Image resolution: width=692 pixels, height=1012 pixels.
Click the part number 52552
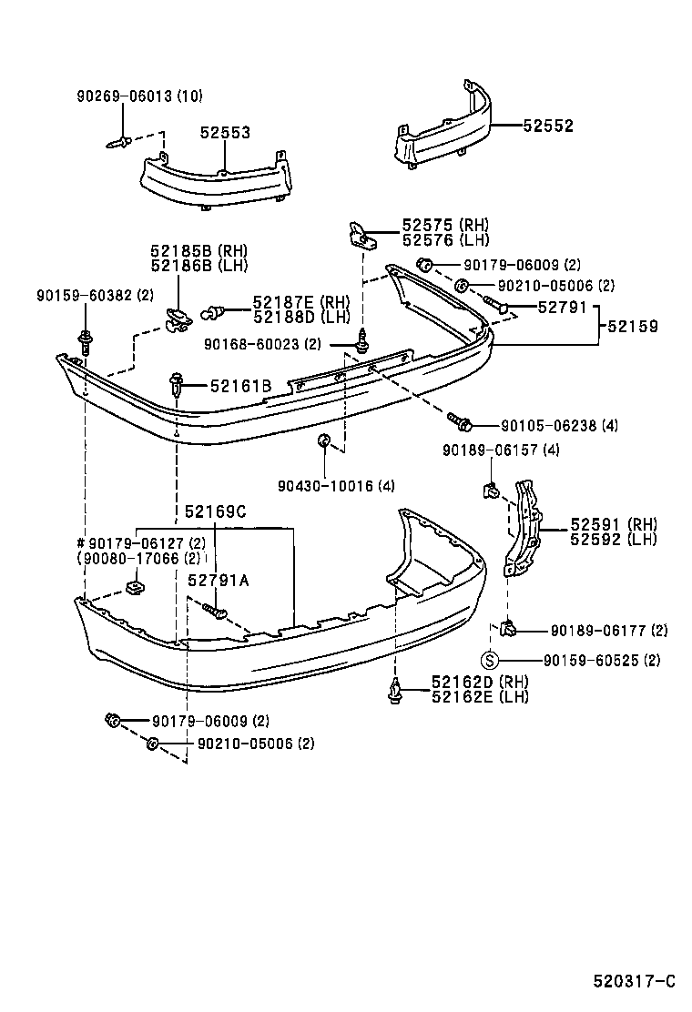tap(548, 126)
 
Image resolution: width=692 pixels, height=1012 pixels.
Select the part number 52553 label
tap(225, 133)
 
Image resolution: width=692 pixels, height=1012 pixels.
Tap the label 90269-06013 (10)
tap(139, 96)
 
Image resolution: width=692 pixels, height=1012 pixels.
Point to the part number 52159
tap(634, 326)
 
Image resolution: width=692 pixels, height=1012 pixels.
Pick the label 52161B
tap(240, 387)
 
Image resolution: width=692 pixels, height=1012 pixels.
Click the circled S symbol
tap(489, 660)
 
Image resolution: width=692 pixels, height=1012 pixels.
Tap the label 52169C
tap(215, 511)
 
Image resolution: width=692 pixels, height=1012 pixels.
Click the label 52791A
tap(218, 580)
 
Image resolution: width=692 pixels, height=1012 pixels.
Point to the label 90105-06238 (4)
tap(558, 425)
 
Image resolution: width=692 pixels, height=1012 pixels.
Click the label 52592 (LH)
tap(614, 539)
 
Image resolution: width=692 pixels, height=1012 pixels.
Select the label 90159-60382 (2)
tap(95, 296)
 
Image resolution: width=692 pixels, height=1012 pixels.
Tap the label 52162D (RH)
tap(480, 683)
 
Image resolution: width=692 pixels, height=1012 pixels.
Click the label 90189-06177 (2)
tap(608, 630)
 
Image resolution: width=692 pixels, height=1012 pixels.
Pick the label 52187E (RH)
tap(301, 302)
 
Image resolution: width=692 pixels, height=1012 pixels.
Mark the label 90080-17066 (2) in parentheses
tap(138, 559)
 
